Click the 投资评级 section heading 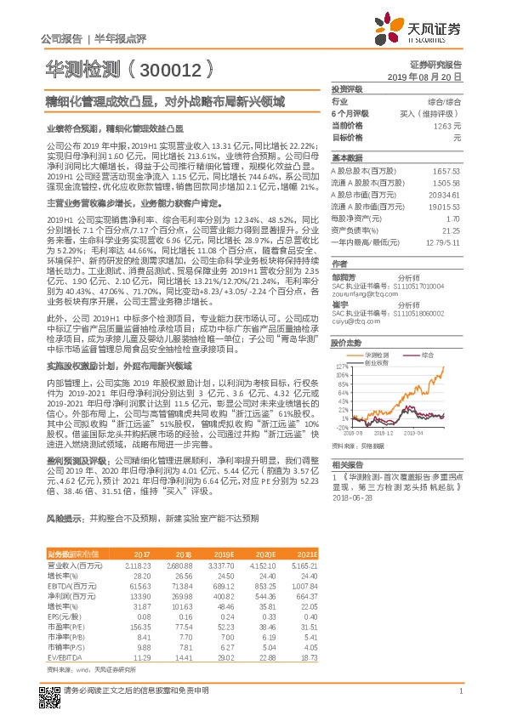(348, 88)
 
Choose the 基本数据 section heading (348, 158)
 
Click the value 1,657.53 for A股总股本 (446, 171)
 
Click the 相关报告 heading (348, 464)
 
